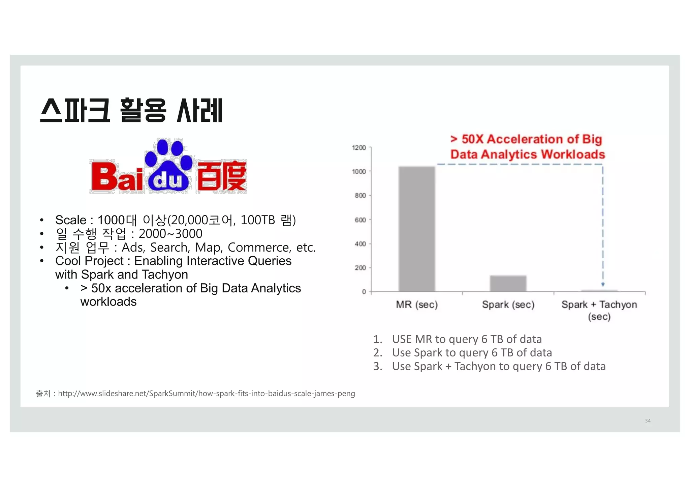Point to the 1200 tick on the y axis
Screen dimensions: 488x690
click(x=359, y=148)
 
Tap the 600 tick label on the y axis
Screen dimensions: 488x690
click(x=360, y=220)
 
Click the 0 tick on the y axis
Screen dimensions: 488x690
click(x=364, y=292)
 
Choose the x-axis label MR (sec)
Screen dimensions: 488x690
click(x=417, y=305)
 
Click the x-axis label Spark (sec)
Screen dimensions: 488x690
click(x=508, y=305)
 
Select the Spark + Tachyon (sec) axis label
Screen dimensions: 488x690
click(x=599, y=310)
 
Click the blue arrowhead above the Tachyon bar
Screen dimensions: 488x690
click(x=603, y=284)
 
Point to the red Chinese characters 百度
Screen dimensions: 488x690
click(x=222, y=177)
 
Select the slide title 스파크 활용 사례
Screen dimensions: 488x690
click(x=131, y=110)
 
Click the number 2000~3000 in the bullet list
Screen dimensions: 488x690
click(x=170, y=234)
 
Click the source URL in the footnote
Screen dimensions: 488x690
click(x=206, y=393)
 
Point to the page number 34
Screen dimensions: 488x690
click(x=648, y=421)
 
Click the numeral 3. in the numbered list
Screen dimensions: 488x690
click(x=378, y=366)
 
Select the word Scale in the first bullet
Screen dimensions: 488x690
click(x=71, y=220)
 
